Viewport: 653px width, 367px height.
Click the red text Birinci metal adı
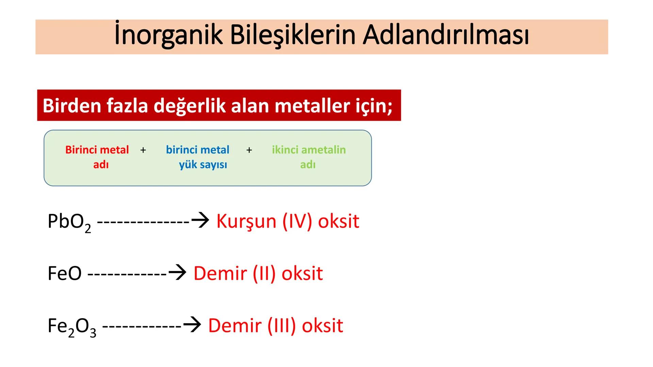tap(97, 157)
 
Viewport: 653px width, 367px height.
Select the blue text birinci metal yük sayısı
tap(198, 157)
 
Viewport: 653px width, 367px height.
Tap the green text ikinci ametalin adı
tap(308, 157)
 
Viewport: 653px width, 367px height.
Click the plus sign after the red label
tap(143, 150)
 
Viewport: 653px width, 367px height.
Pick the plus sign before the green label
tap(249, 150)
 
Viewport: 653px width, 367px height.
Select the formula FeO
tap(65, 273)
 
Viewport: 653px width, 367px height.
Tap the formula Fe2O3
tap(72, 327)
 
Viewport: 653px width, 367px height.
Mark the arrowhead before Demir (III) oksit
tap(192, 325)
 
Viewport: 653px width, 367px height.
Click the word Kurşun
tap(246, 222)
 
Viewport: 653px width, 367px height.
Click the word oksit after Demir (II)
tap(302, 273)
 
